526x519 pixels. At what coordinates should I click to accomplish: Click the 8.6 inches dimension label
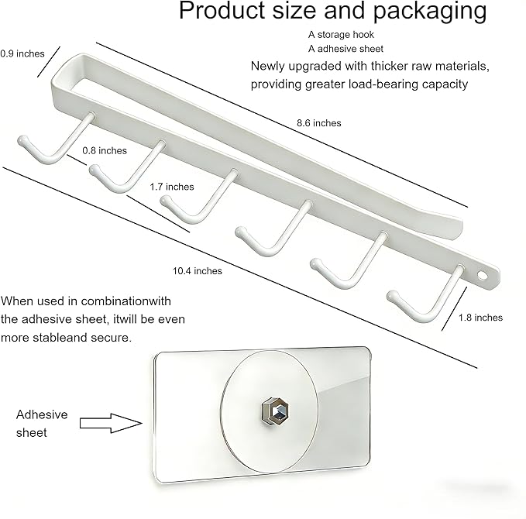coord(318,123)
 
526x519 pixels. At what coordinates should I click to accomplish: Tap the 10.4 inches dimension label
coord(198,271)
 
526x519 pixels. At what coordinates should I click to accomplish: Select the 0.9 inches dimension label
coord(22,53)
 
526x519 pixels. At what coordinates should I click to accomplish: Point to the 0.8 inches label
coord(105,150)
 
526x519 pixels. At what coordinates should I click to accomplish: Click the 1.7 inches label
coord(172,187)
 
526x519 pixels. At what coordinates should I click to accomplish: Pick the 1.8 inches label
coord(480,318)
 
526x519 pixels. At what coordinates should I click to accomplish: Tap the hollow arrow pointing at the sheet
coord(111,423)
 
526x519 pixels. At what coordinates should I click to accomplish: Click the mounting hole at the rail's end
coord(482,276)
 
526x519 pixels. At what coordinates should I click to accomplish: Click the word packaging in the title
coord(430,11)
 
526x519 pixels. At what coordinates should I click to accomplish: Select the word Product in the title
coord(222,10)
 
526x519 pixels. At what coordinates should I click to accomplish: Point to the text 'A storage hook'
coord(341,35)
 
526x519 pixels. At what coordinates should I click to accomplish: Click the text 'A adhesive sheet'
coord(346,49)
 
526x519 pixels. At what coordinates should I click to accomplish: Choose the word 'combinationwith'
coord(125,301)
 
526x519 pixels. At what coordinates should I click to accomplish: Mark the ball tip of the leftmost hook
coord(22,140)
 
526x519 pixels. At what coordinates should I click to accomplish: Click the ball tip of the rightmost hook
coord(392,296)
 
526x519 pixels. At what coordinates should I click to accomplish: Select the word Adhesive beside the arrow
coord(42,414)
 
